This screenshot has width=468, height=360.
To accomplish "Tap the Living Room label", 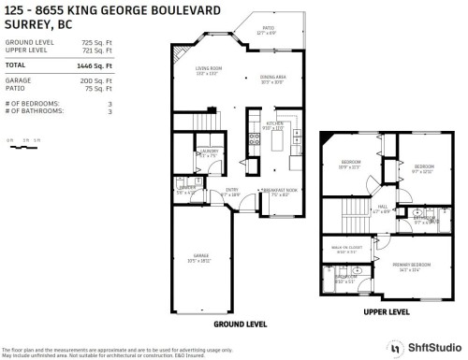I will click(x=208, y=70).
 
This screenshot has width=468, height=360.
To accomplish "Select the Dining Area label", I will click(x=271, y=79).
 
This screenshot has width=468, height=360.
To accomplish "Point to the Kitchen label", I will click(x=274, y=125).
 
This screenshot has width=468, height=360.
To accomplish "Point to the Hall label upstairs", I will click(x=383, y=209).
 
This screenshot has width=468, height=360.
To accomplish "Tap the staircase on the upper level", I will click(x=355, y=210).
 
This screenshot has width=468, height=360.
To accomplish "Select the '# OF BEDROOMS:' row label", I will click(x=33, y=104).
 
